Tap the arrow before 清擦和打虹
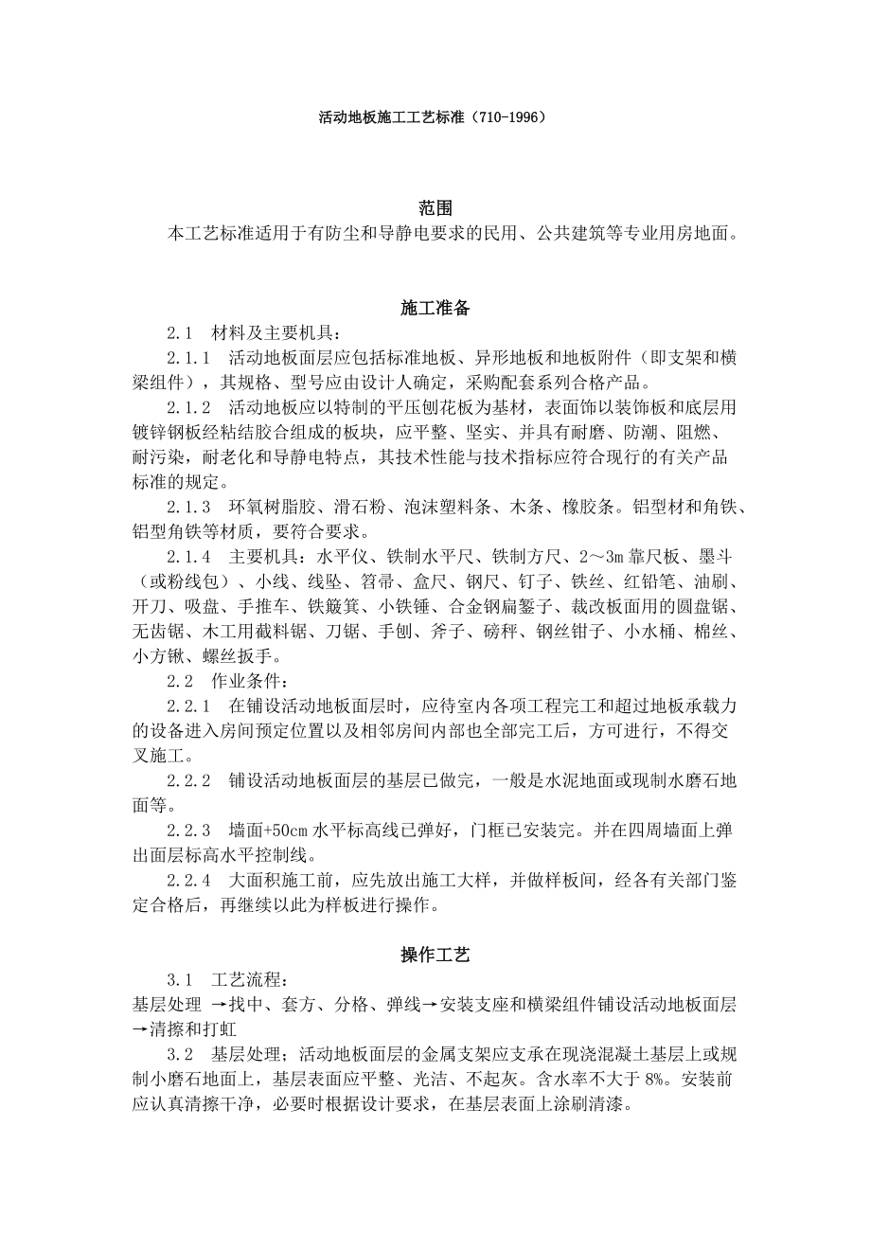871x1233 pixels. pos(139,1028)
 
